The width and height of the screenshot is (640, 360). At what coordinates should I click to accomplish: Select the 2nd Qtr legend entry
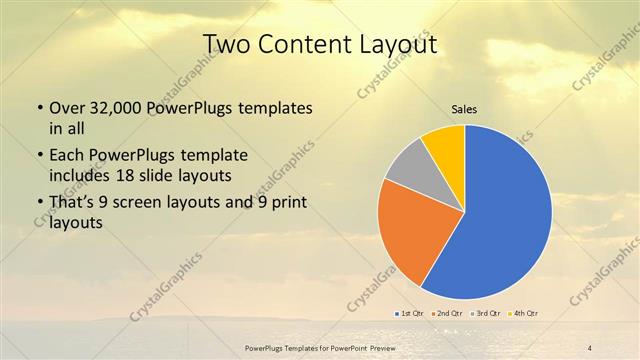(447, 313)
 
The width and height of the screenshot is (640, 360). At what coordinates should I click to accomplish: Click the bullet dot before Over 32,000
(39, 107)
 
